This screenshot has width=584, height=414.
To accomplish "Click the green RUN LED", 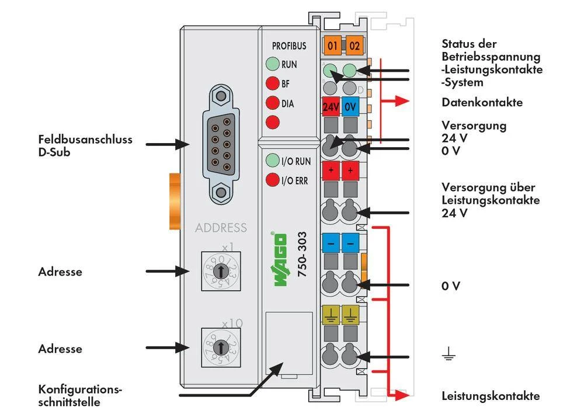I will pos(272,64).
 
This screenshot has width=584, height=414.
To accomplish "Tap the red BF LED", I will pos(272,84).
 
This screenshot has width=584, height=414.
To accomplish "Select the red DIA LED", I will pos(272,103).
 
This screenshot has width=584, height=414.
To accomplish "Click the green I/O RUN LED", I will pos(272,161).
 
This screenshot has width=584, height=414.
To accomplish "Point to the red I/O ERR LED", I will pos(272,180).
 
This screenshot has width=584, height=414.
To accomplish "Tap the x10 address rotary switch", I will pos(220,347).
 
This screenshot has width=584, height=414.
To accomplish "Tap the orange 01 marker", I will pos(332,45).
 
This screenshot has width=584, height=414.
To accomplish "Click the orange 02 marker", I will pos(354,45).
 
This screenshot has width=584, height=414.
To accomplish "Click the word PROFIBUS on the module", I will pos(288,46).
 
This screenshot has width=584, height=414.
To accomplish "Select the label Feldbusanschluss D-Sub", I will pos(85,145).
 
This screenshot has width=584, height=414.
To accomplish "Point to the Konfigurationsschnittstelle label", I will pos(81,395).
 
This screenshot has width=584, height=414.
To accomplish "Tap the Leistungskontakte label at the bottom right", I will pos(491,396).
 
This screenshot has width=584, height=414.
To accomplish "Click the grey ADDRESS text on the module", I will pos(221,228).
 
